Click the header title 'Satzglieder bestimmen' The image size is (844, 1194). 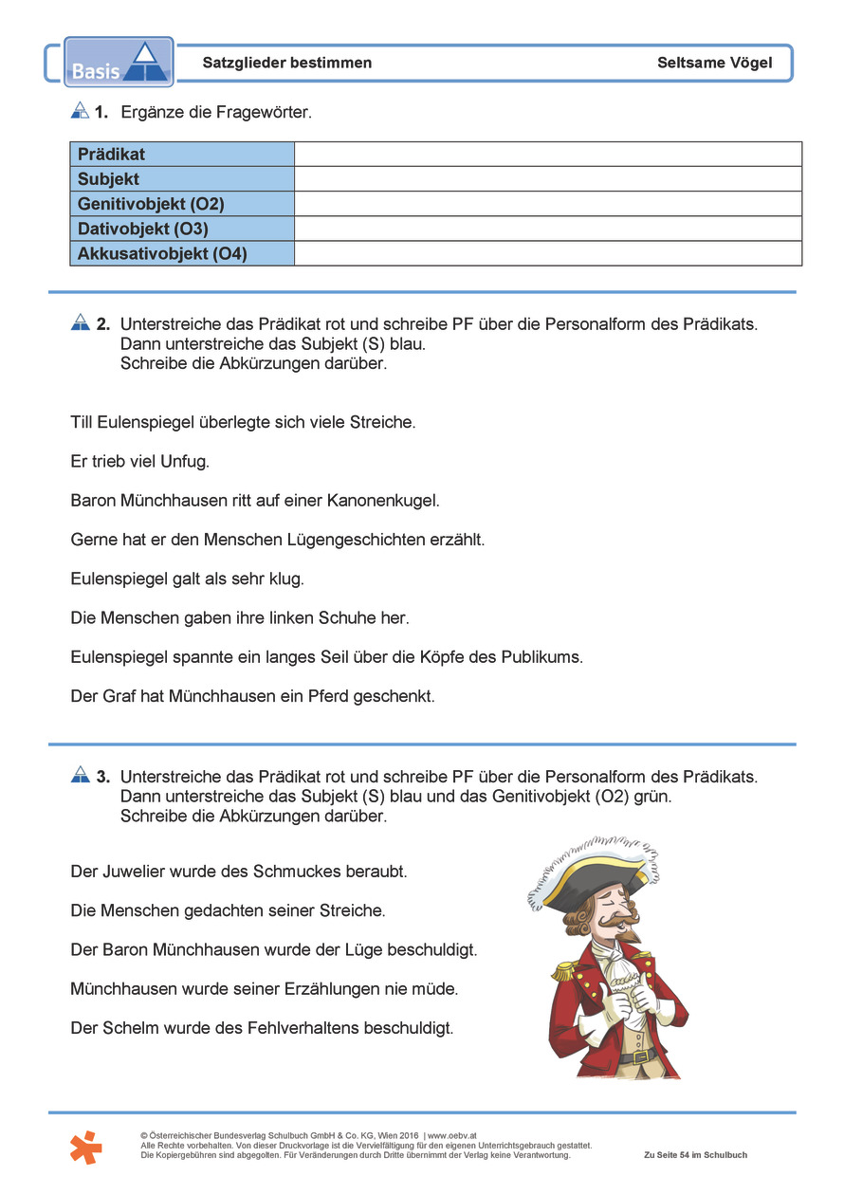(x=287, y=63)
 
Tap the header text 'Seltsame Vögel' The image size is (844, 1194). (x=714, y=63)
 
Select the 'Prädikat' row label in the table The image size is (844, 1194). (x=112, y=155)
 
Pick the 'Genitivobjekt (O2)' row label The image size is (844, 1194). (x=151, y=204)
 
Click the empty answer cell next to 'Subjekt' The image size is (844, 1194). (x=547, y=179)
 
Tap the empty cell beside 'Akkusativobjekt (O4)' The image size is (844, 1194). (x=547, y=253)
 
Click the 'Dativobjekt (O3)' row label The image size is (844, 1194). (x=143, y=229)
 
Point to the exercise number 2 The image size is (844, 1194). (x=103, y=323)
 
